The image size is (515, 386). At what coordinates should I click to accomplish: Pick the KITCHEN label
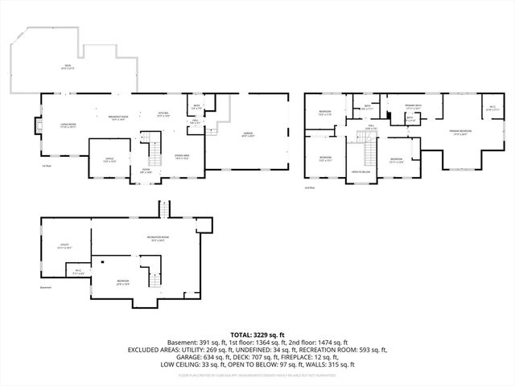tap(163, 113)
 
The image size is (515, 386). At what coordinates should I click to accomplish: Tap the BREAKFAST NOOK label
tap(120, 117)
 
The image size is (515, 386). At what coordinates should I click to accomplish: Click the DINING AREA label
tap(183, 157)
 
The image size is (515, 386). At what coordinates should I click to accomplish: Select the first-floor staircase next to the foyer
tap(152, 148)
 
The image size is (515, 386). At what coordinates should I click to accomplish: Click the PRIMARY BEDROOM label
tap(461, 132)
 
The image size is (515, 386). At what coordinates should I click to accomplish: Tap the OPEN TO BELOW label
tap(360, 172)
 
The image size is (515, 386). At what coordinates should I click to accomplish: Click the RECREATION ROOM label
tap(158, 238)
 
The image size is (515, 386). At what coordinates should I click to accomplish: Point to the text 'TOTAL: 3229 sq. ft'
tap(257, 334)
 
